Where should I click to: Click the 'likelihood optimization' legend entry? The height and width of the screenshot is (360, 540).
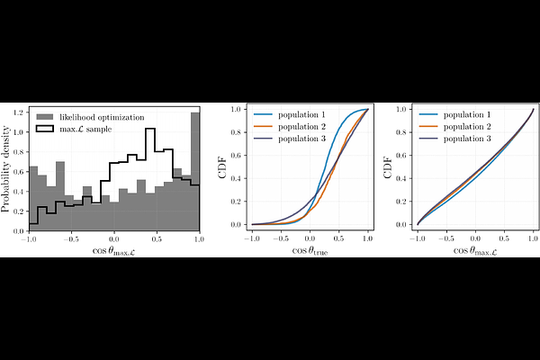[x=100, y=117]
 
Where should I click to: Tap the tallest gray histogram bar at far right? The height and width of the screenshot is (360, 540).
[x=193, y=171]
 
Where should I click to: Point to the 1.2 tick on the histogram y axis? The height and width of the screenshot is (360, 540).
[x=19, y=112]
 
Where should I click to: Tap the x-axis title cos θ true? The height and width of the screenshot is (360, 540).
[x=310, y=250]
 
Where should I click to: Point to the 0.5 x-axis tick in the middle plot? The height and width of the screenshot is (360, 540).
[x=338, y=238]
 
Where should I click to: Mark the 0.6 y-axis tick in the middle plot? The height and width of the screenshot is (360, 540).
[x=235, y=155]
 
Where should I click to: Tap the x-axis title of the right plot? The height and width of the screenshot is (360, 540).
[x=474, y=251]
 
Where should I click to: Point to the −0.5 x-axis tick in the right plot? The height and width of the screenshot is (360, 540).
[x=446, y=238]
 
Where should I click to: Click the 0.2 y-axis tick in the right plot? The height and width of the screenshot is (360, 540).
[x=400, y=201]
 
